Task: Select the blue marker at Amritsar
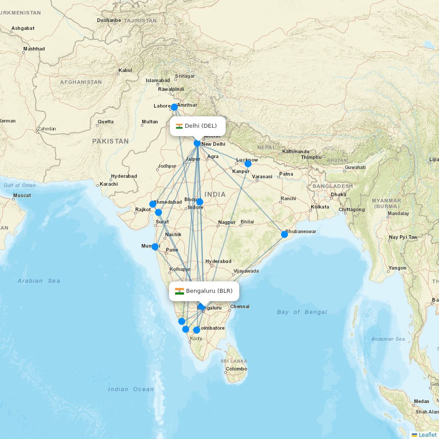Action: pos(174,107)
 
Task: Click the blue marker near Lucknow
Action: pos(248,164)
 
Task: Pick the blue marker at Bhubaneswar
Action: pos(284,234)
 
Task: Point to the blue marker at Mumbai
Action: pos(155,247)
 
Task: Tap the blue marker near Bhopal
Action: pos(200,202)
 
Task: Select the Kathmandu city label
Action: pos(295,151)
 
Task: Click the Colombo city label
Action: pos(236,369)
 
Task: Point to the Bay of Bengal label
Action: pos(302,312)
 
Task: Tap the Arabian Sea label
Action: pos(39,281)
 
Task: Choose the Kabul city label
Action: pos(125,70)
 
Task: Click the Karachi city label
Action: pos(108,184)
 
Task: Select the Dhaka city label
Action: pos(338,194)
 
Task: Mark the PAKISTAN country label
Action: pos(110,141)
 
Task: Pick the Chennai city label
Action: pos(240,306)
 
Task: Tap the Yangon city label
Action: pos(397,268)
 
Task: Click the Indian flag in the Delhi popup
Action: pos(179,126)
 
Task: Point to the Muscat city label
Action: pos(22,195)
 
